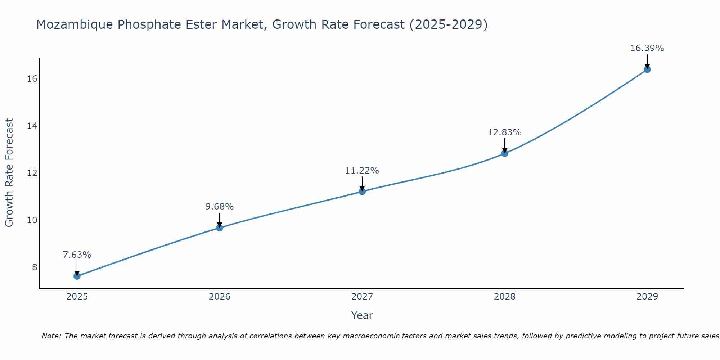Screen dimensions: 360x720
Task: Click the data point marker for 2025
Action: (77, 276)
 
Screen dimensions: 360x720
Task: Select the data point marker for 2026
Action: (220, 228)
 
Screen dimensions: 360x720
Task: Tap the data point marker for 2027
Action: (362, 192)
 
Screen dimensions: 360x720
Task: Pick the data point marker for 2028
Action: (505, 153)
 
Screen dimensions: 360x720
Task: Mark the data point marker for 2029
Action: (647, 69)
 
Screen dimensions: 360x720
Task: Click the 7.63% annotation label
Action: (77, 255)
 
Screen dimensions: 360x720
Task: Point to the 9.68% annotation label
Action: (220, 207)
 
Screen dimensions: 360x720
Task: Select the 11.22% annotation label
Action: (362, 171)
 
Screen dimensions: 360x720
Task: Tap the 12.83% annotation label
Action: (505, 132)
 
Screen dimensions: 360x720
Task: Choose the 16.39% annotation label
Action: (647, 48)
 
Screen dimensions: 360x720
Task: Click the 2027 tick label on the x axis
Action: (362, 297)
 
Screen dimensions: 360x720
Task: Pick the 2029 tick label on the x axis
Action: (647, 297)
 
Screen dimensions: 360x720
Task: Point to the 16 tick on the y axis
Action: (32, 78)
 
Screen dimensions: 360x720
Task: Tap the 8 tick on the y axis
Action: (35, 267)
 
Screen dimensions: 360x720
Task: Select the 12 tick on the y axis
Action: (32, 173)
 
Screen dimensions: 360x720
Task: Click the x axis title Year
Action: (362, 315)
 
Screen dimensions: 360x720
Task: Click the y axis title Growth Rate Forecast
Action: (9, 173)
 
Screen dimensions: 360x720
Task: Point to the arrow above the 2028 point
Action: (505, 145)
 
